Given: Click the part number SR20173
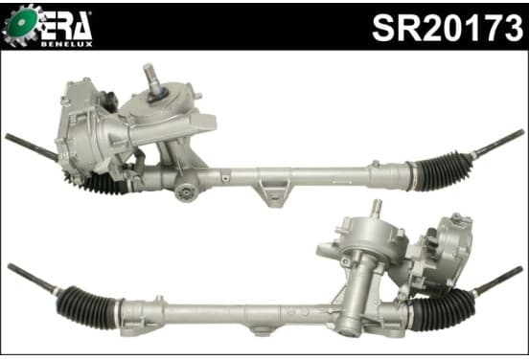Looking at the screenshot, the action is point(448,28).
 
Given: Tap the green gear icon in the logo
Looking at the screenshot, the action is point(22,24).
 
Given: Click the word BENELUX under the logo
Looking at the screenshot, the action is point(67,44).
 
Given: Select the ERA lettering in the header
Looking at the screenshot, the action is point(66,26).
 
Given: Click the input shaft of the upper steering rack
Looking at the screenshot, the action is point(152,80).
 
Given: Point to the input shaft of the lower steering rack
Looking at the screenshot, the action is point(377,209).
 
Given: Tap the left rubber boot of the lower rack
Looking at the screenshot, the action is point(87,307).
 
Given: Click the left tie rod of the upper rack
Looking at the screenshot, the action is point(32,146).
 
